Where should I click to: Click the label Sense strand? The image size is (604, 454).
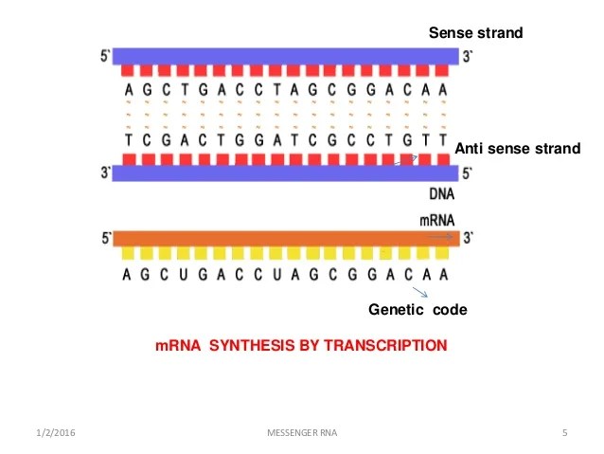click(475, 34)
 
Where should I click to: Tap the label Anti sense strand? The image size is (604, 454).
click(517, 149)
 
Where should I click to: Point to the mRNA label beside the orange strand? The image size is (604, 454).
click(437, 220)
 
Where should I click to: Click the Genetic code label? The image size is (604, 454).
click(417, 310)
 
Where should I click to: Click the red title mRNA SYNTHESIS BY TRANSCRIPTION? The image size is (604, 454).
click(300, 346)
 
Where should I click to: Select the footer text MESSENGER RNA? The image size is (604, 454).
click(300, 434)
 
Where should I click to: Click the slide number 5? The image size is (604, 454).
click(564, 434)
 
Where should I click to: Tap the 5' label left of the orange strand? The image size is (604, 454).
click(105, 238)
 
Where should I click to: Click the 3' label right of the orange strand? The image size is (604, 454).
click(468, 238)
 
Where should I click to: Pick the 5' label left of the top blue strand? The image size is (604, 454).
click(105, 56)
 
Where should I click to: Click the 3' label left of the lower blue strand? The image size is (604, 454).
click(105, 173)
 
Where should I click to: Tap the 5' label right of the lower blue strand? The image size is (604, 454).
click(468, 173)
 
